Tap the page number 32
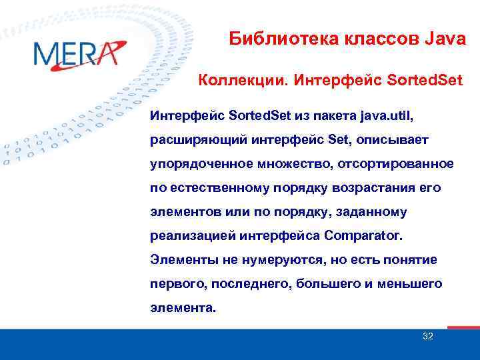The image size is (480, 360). (428, 336)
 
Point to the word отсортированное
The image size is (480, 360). (394, 164)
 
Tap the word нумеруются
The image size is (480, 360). (263, 260)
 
